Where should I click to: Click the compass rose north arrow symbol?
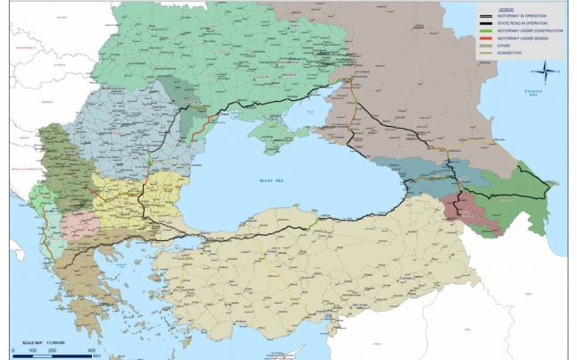544,72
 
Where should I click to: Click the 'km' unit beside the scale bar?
105,356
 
